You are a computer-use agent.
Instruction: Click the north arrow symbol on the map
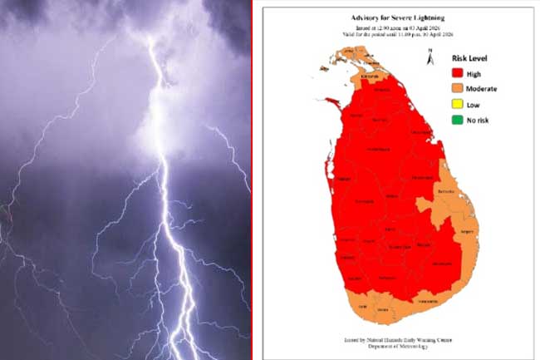pos(429,56)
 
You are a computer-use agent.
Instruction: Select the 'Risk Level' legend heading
pos(469,60)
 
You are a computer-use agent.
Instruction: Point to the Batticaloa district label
pos(445,190)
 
